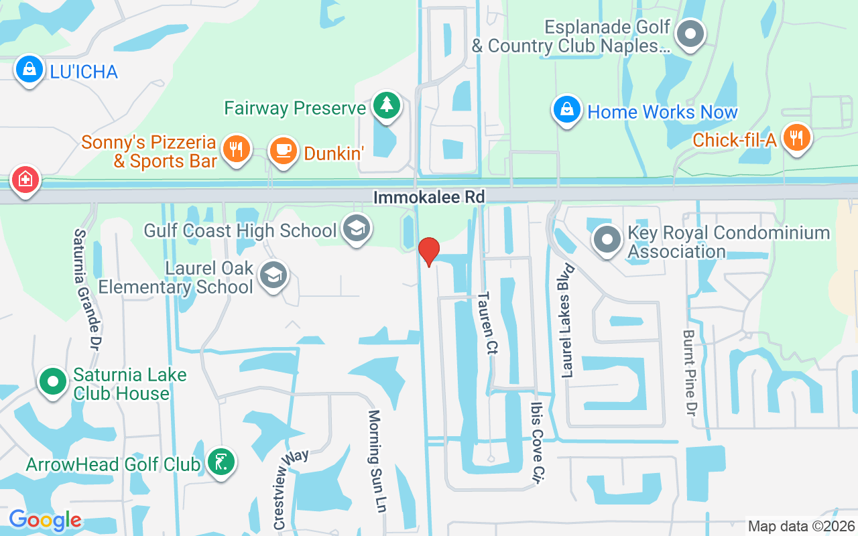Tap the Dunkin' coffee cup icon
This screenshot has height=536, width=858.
[283, 150]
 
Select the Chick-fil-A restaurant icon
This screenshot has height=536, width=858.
[796, 138]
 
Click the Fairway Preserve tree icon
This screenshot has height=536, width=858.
[386, 105]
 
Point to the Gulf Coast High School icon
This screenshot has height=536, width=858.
[357, 228]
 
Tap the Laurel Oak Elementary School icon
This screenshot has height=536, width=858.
[273, 275]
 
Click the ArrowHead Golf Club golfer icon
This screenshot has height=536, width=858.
[221, 462]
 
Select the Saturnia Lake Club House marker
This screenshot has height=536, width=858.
[52, 382]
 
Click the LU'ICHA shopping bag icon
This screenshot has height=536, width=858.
[29, 69]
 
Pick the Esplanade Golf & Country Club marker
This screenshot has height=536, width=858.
[690, 34]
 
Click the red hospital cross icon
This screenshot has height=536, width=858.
[25, 180]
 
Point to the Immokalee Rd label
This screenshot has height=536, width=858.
[429, 197]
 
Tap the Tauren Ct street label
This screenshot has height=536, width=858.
[487, 324]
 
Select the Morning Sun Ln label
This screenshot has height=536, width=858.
[377, 461]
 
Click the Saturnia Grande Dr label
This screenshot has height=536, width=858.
[87, 289]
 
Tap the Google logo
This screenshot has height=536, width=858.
[45, 519]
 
